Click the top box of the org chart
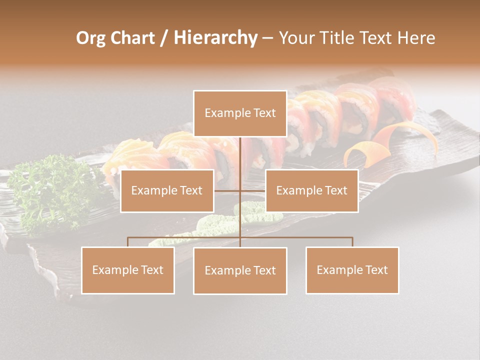coord(240,113)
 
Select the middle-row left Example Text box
coord(167,191)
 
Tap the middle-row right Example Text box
coord(311,191)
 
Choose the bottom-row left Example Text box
coord(127,270)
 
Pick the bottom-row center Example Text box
coord(240,271)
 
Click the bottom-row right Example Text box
coord(352,270)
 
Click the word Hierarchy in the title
coord(215,38)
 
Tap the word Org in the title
coord(90,38)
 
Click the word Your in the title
coord(296,38)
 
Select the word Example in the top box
coord(222,113)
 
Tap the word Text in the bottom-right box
coord(375,270)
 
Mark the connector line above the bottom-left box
coord(127,242)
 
